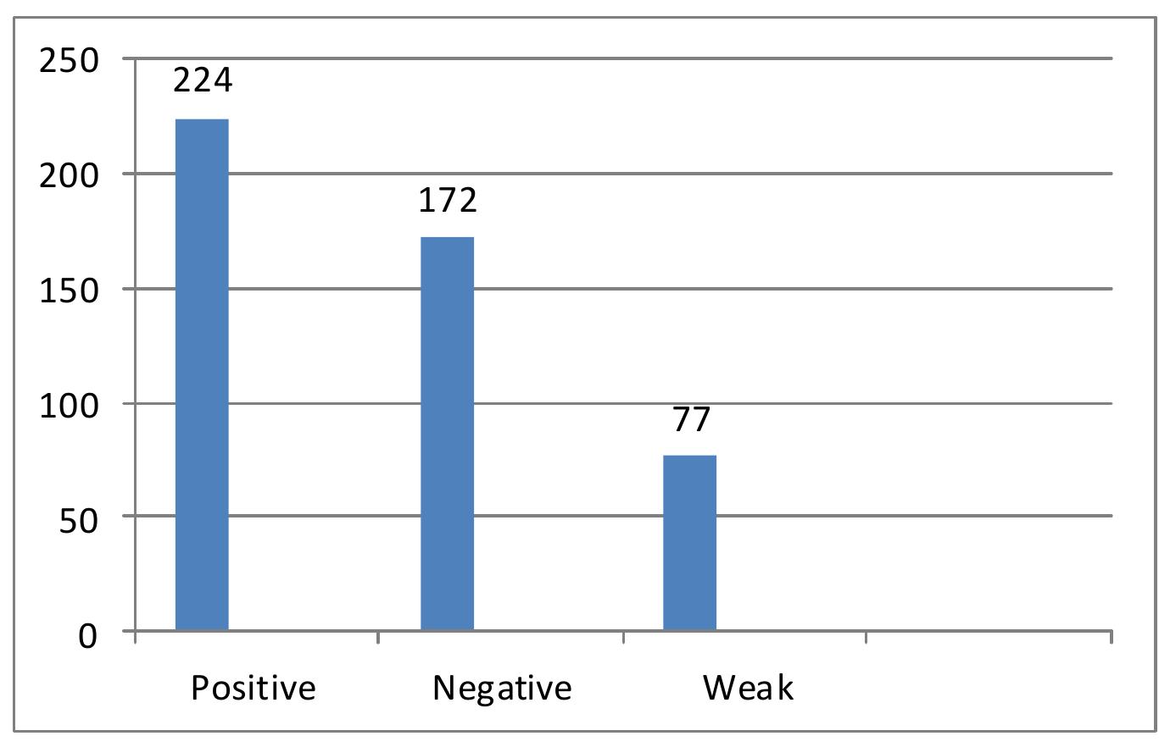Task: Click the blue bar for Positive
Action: coord(202,374)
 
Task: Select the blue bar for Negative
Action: coord(448,434)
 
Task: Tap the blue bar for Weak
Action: coord(689,543)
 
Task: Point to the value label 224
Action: coord(202,81)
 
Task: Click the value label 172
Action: coord(448,200)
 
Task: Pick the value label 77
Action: coord(691,420)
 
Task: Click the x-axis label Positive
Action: coord(253,688)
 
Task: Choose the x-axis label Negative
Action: coord(502,688)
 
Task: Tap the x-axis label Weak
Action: coord(748,688)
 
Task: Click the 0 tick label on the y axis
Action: coord(89,635)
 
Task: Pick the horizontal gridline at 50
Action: coord(848,516)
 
